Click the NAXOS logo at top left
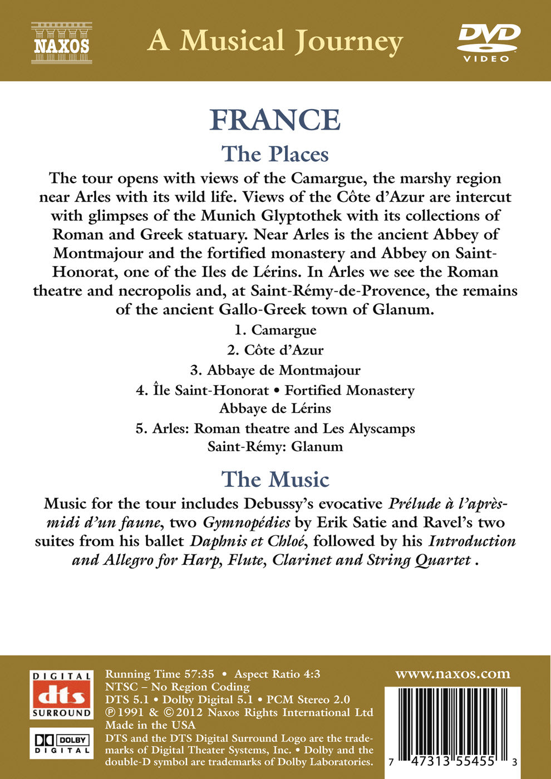pos(61,42)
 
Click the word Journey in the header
pos(348,42)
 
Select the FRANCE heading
pos(275,120)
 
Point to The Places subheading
pos(275,154)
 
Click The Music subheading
pos(275,480)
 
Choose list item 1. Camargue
pos(275,330)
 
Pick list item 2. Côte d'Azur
pos(275,350)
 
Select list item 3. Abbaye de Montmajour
pos(275,370)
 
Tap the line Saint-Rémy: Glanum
pos(275,446)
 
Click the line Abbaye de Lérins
pos(275,408)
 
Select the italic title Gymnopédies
pos(247,522)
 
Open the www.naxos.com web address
pos(452,674)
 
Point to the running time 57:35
pos(199,674)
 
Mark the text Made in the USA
pos(150,725)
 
